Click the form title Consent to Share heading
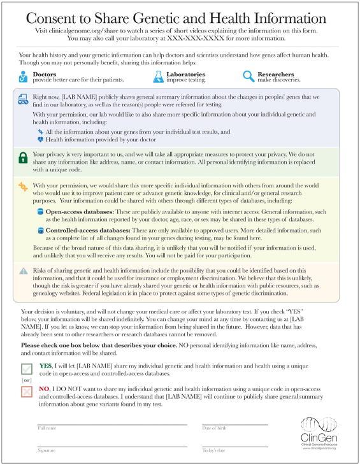click(x=180, y=17)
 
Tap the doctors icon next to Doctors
click(x=24, y=76)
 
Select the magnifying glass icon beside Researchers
click(x=248, y=76)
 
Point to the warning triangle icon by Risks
click(x=23, y=270)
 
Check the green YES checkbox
click(x=25, y=370)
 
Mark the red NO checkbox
click(x=25, y=392)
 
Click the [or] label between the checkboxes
click(x=25, y=381)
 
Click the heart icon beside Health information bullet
click(x=40, y=139)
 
